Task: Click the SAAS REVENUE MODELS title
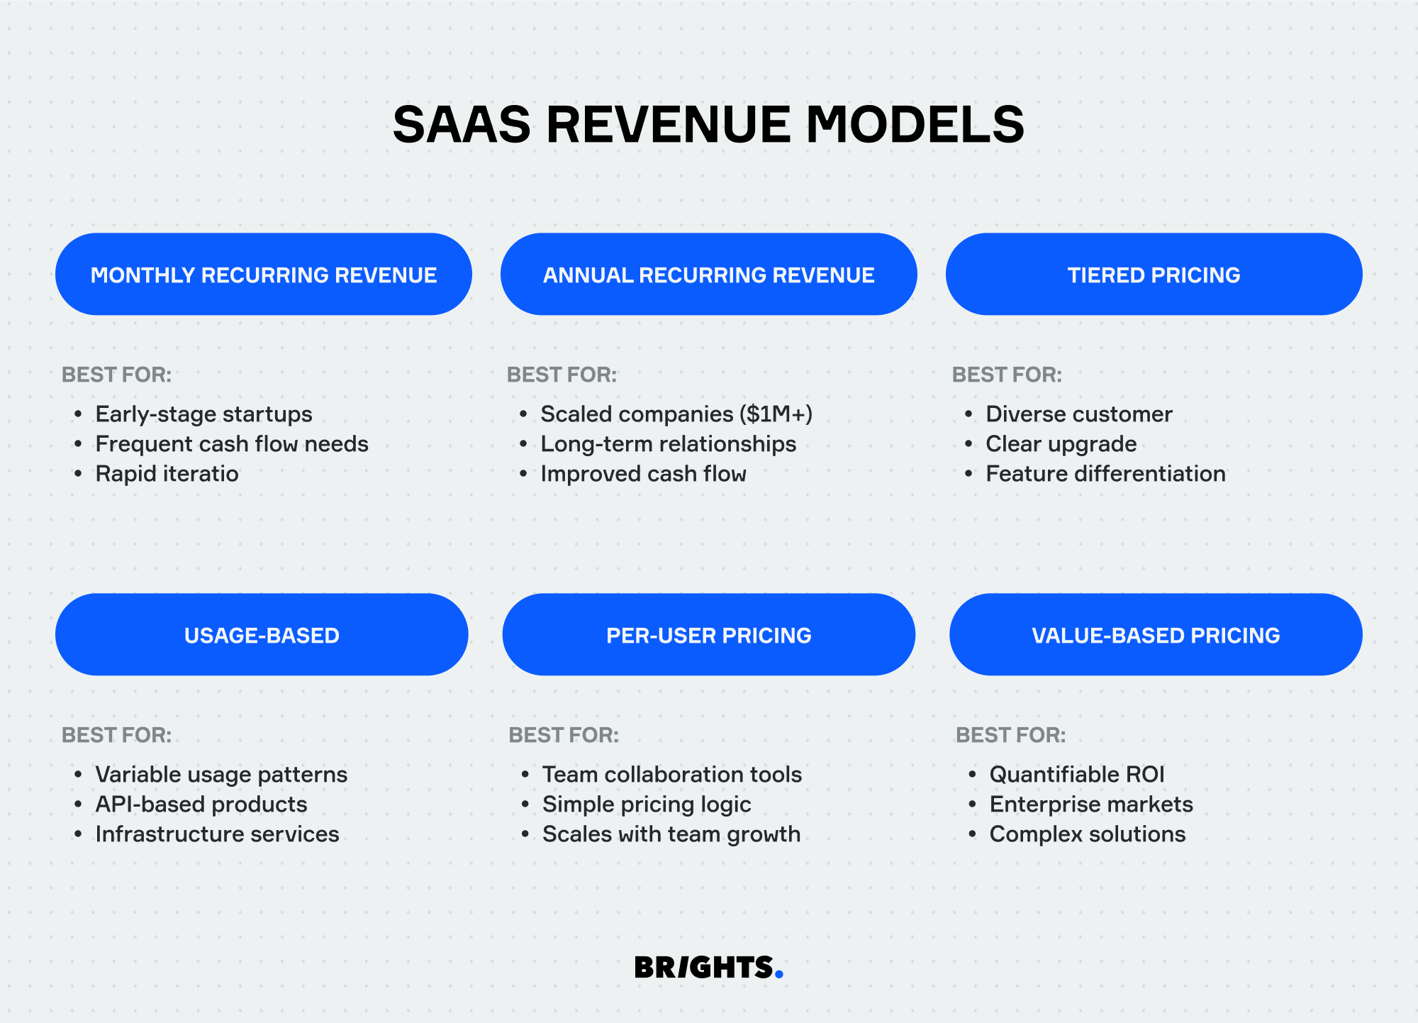708,124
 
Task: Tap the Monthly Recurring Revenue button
264,274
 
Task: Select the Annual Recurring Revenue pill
709,274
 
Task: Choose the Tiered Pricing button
1154,274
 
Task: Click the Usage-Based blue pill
262,634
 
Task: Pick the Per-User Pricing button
709,634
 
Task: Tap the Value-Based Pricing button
1156,634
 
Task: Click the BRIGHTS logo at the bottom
709,967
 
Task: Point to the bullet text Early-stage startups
204,414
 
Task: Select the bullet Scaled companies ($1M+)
676,414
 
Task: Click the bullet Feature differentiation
1105,473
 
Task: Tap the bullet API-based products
201,804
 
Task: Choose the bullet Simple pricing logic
647,804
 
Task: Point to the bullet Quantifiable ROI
1077,774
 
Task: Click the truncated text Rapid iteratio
167,474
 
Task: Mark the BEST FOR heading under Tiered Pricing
1007,375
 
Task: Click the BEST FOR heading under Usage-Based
117,735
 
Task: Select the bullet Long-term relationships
669,444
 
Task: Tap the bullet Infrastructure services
218,834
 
